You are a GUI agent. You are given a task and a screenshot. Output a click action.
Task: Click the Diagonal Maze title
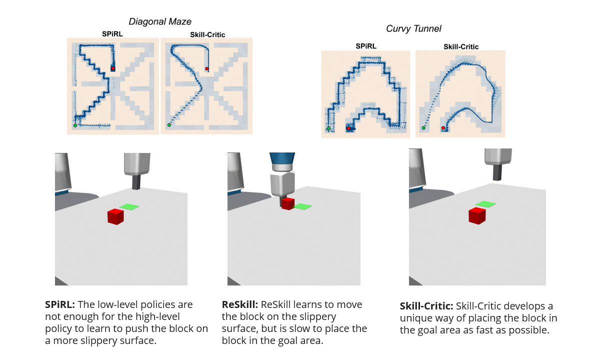click(x=160, y=21)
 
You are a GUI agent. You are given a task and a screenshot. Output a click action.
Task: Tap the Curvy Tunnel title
click(x=413, y=28)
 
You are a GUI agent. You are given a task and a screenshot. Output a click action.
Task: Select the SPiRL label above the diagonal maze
click(x=112, y=34)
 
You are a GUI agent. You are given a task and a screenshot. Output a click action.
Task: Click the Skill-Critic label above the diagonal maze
click(x=207, y=34)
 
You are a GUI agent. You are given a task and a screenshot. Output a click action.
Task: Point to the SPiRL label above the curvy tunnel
click(x=366, y=46)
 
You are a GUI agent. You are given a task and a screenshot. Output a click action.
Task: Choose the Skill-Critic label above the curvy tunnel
click(x=461, y=46)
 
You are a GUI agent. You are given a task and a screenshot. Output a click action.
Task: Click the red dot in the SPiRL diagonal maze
click(x=113, y=68)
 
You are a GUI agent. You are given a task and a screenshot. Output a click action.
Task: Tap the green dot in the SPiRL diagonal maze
click(x=75, y=125)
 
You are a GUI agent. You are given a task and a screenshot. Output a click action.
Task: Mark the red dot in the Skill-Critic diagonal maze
click(x=207, y=69)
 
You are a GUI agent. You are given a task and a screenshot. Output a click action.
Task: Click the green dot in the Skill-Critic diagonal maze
click(x=169, y=125)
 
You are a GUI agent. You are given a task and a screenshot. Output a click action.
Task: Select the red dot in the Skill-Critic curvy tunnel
click(x=443, y=128)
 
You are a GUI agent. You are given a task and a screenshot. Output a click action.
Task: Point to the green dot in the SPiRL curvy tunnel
click(x=329, y=129)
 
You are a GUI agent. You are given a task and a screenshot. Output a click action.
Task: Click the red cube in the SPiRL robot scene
click(x=115, y=216)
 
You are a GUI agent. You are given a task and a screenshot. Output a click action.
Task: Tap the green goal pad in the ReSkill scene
click(x=302, y=206)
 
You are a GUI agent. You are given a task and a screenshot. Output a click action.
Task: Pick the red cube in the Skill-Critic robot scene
click(x=477, y=215)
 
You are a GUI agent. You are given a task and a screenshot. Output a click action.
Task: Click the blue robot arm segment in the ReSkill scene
click(x=282, y=163)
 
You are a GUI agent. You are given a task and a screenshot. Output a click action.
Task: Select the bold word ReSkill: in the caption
click(x=239, y=304)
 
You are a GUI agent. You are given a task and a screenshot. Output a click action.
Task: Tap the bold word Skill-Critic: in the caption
click(x=426, y=306)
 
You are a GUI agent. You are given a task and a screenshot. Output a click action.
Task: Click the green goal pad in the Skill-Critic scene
click(x=485, y=203)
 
